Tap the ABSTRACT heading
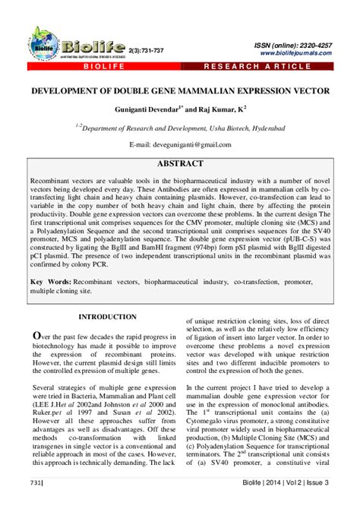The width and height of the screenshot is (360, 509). [x=179, y=164]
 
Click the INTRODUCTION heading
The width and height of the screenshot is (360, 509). [x=107, y=316]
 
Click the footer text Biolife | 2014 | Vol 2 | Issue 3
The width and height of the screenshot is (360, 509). [x=302, y=482]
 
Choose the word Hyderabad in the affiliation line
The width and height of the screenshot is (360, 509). [x=262, y=128]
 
